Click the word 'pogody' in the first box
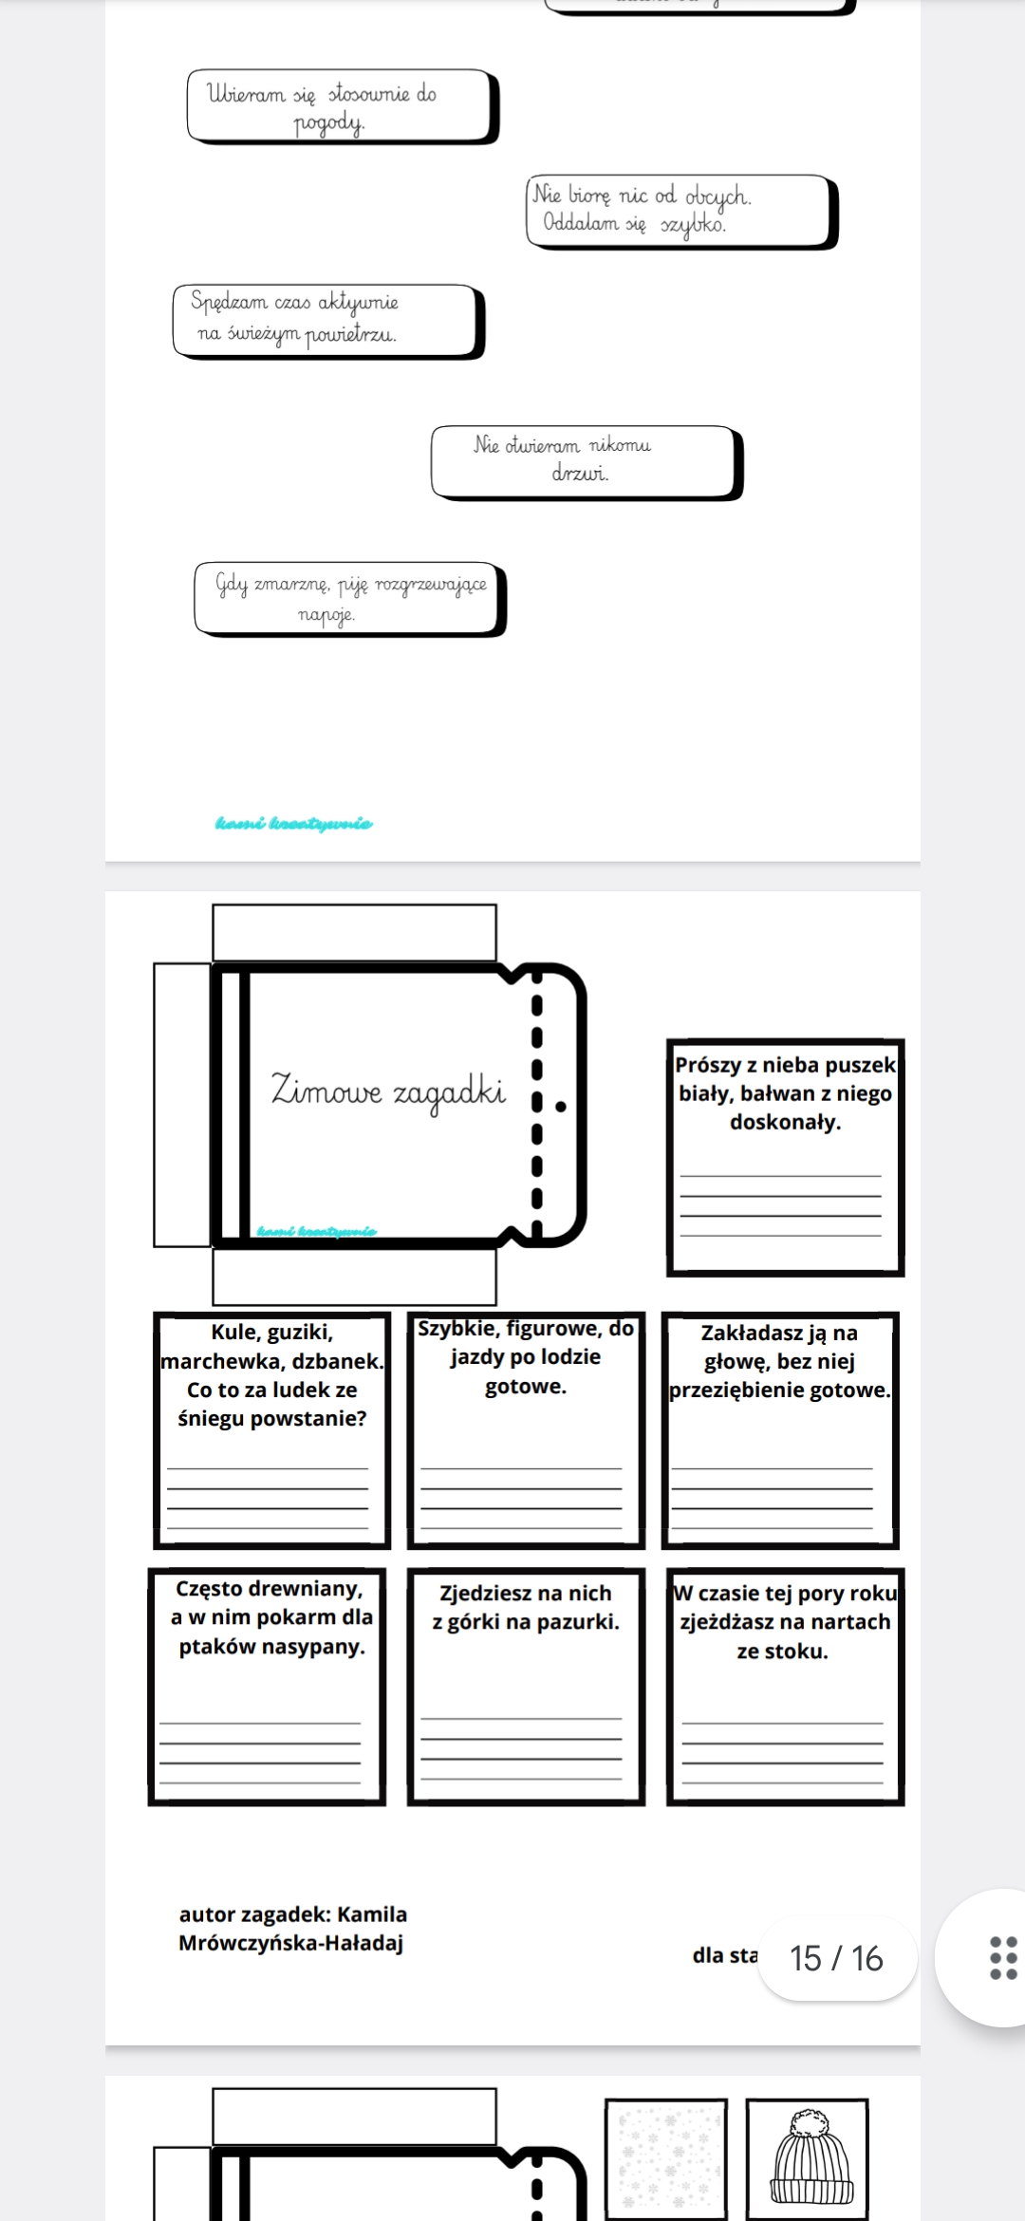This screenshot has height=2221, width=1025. click(328, 123)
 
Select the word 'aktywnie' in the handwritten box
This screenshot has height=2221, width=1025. click(358, 303)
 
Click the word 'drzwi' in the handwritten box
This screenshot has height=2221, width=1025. click(580, 472)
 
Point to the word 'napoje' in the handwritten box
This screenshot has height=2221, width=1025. click(326, 614)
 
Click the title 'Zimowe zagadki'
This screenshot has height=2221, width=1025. click(388, 1091)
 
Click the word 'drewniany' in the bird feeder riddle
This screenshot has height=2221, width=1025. click(315, 1589)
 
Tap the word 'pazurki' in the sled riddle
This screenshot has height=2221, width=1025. click(578, 1622)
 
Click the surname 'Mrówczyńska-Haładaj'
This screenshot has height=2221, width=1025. click(290, 1943)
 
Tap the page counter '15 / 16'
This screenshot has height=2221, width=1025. click(836, 1958)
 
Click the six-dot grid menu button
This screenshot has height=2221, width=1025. click(1003, 1958)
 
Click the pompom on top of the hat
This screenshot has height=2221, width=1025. click(810, 2121)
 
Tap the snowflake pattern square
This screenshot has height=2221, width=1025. click(665, 2159)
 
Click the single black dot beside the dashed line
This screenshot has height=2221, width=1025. click(561, 1106)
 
